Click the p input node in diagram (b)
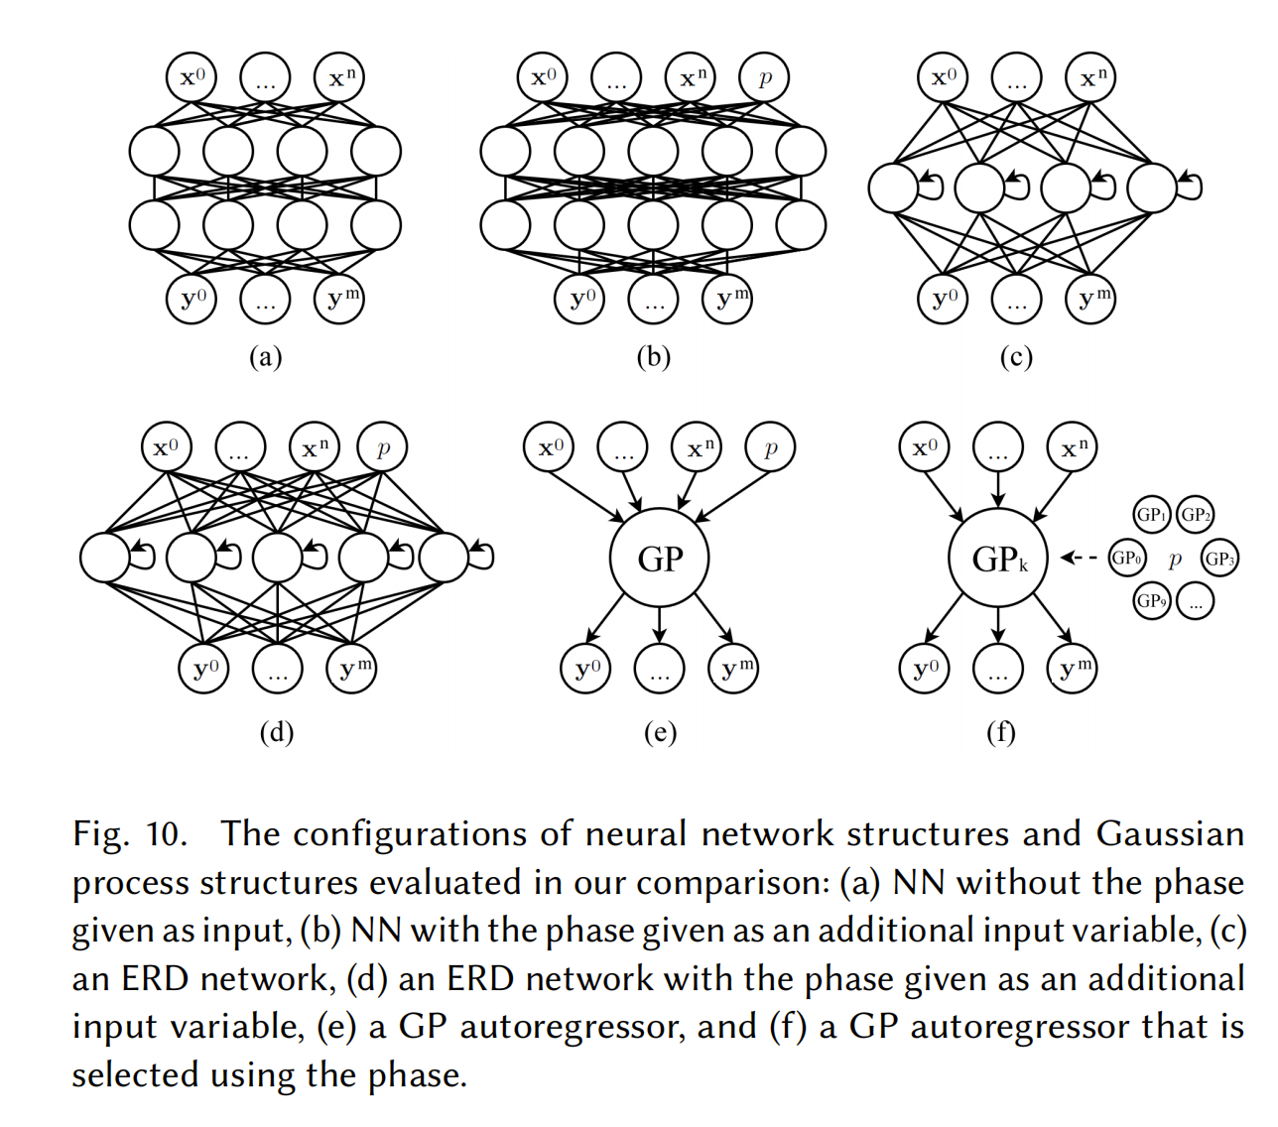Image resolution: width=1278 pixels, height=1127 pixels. tap(764, 77)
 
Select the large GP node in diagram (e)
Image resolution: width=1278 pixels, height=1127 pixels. tap(660, 559)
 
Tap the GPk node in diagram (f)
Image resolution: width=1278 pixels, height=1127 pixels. tap(998, 559)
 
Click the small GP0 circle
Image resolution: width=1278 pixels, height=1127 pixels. tap(1126, 558)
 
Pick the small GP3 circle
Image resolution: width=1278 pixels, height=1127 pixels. tap(1219, 558)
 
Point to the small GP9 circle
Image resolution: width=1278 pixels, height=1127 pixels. tap(1151, 600)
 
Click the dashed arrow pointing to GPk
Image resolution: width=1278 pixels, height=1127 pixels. tap(1079, 558)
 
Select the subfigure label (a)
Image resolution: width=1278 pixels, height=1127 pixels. tap(265, 356)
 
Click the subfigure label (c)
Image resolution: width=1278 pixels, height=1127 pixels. tap(1015, 356)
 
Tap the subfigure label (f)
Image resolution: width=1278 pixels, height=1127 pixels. tap(1000, 732)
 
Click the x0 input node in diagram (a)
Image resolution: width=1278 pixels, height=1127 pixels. tap(192, 77)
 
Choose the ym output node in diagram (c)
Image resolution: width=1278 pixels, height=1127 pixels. tap(1089, 299)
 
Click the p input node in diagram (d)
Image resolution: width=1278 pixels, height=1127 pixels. tap(383, 447)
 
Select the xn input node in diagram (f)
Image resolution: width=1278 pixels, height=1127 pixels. tap(1073, 447)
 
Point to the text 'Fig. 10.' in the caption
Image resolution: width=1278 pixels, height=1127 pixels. tap(129, 833)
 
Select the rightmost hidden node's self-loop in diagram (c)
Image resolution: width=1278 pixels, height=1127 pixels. tap(1190, 185)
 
